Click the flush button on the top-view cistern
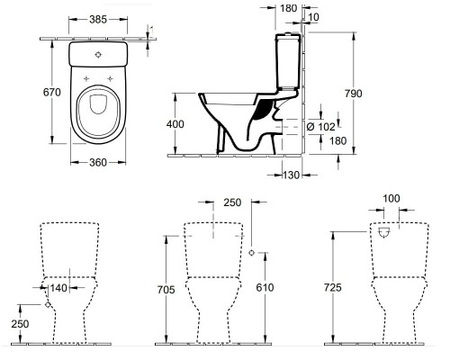pos(97,53)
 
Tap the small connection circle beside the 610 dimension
pos(251,251)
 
